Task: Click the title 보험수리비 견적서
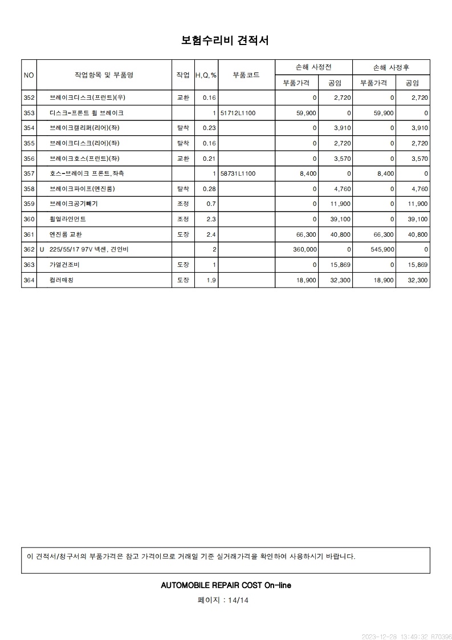coord(225,40)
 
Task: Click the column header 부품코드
coord(246,75)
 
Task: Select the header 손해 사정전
coord(313,67)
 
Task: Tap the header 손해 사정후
coord(391,67)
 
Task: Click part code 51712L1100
coord(238,113)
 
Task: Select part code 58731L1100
coord(238,173)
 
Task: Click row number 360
coord(29,219)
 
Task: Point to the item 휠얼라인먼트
coord(68,219)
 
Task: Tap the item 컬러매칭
coord(62,280)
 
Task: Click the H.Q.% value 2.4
coord(211,234)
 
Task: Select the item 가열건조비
coord(65,265)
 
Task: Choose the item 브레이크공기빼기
coord(74,204)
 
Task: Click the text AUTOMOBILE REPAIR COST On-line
coord(226,585)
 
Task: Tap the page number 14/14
coord(238,600)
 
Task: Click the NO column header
coord(29,75)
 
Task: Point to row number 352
coord(29,98)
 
